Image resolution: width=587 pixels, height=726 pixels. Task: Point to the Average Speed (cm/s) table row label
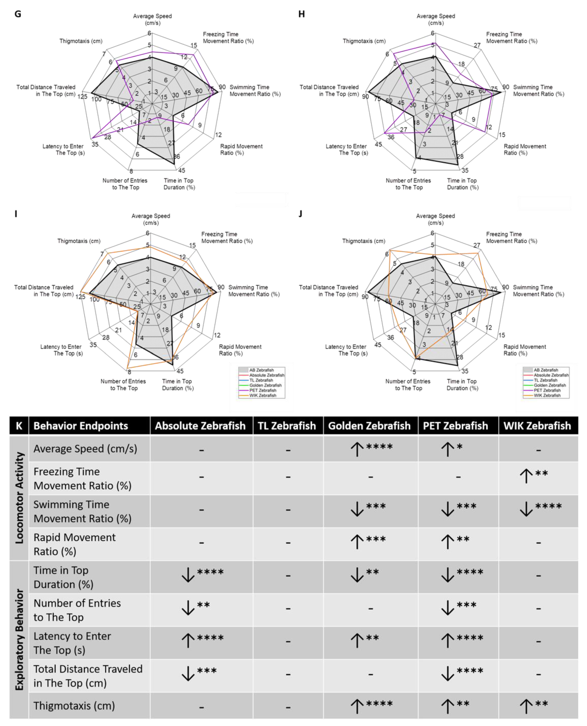pyautogui.click(x=85, y=449)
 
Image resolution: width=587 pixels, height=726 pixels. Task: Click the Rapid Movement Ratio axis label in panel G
pyautogui.click(x=241, y=149)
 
